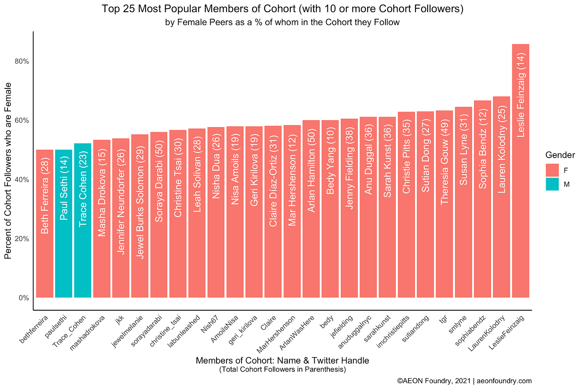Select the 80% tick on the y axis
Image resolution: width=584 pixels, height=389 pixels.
point(23,61)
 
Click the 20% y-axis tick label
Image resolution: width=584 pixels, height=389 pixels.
point(23,239)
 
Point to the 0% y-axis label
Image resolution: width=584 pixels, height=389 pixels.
point(24,298)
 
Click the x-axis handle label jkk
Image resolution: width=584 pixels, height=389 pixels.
point(120,320)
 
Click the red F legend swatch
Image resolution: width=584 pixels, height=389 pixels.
point(552,170)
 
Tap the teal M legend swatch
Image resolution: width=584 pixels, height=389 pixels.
point(552,184)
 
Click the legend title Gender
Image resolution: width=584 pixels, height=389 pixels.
point(560,155)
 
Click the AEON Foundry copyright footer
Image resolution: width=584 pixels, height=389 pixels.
point(464,381)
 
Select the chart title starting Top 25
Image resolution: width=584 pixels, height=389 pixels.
point(282,9)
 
